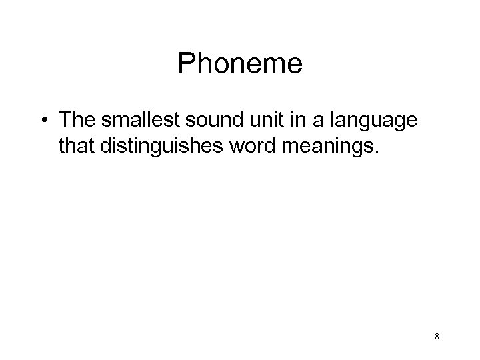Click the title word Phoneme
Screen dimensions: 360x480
tap(240, 65)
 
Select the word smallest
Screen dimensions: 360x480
tap(136, 121)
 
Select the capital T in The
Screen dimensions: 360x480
tap(65, 121)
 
